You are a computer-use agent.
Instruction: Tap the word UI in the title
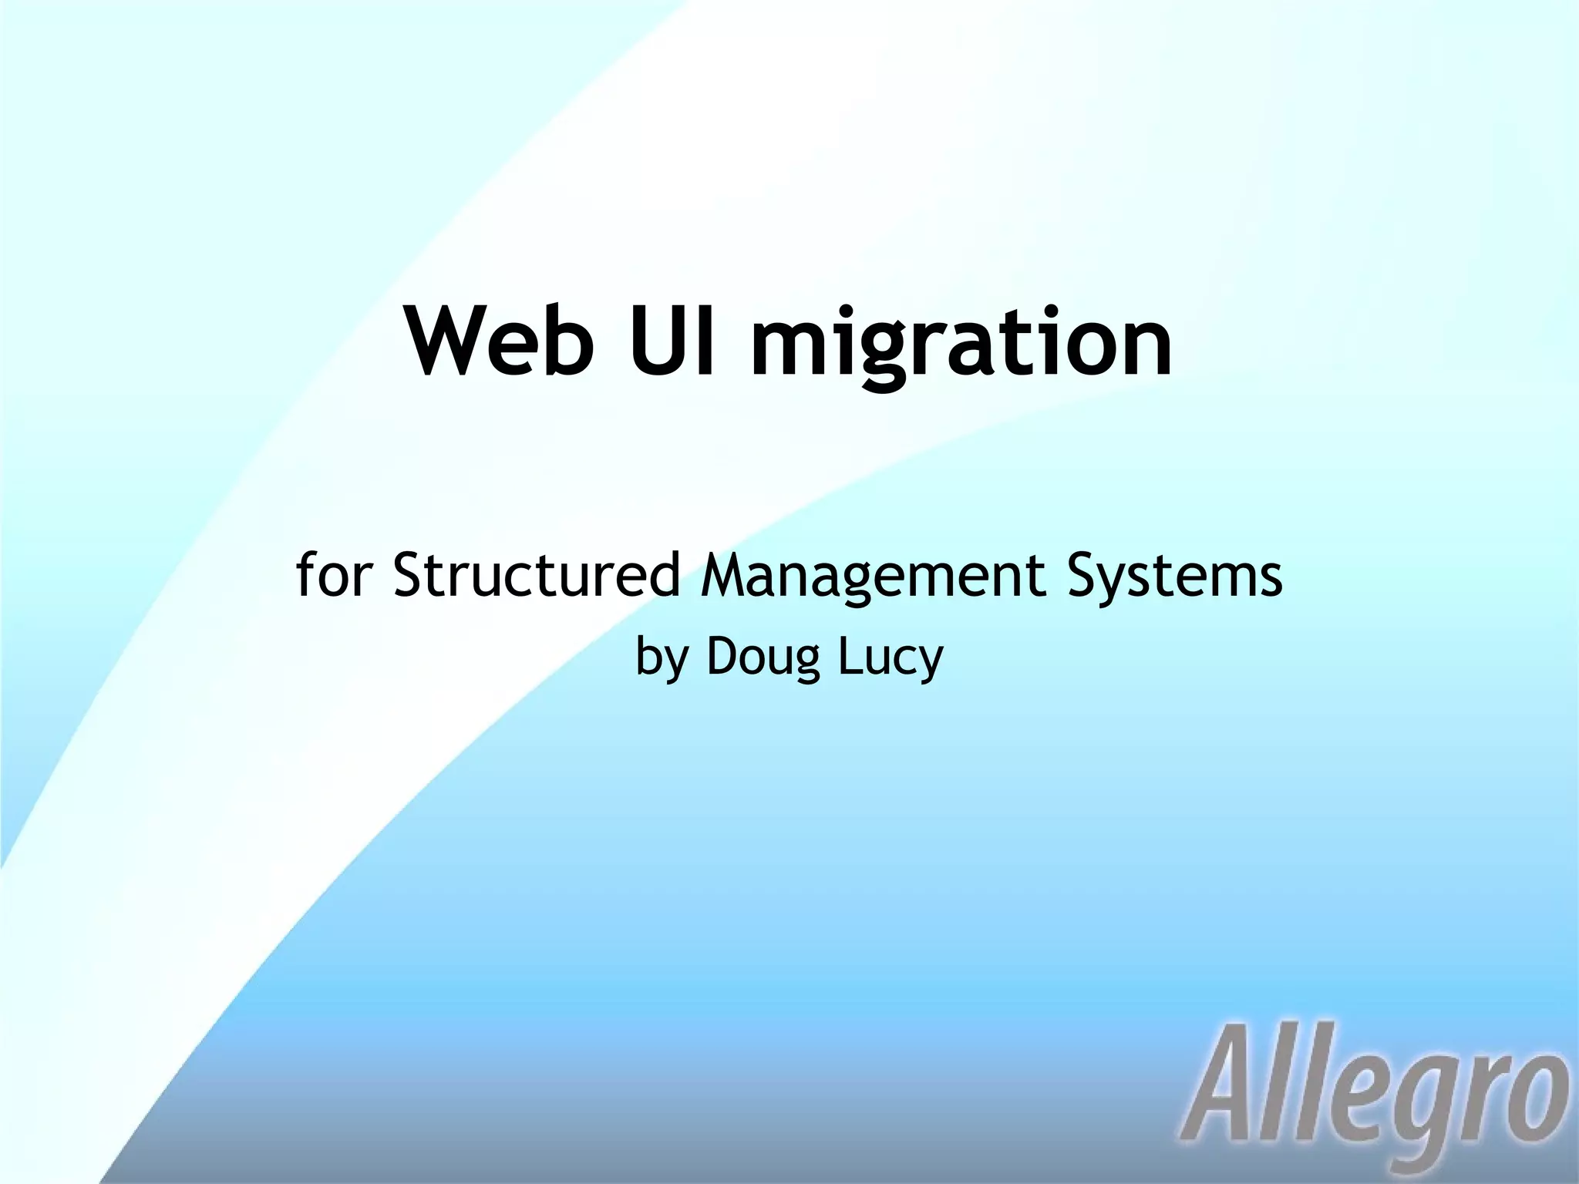(x=672, y=340)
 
